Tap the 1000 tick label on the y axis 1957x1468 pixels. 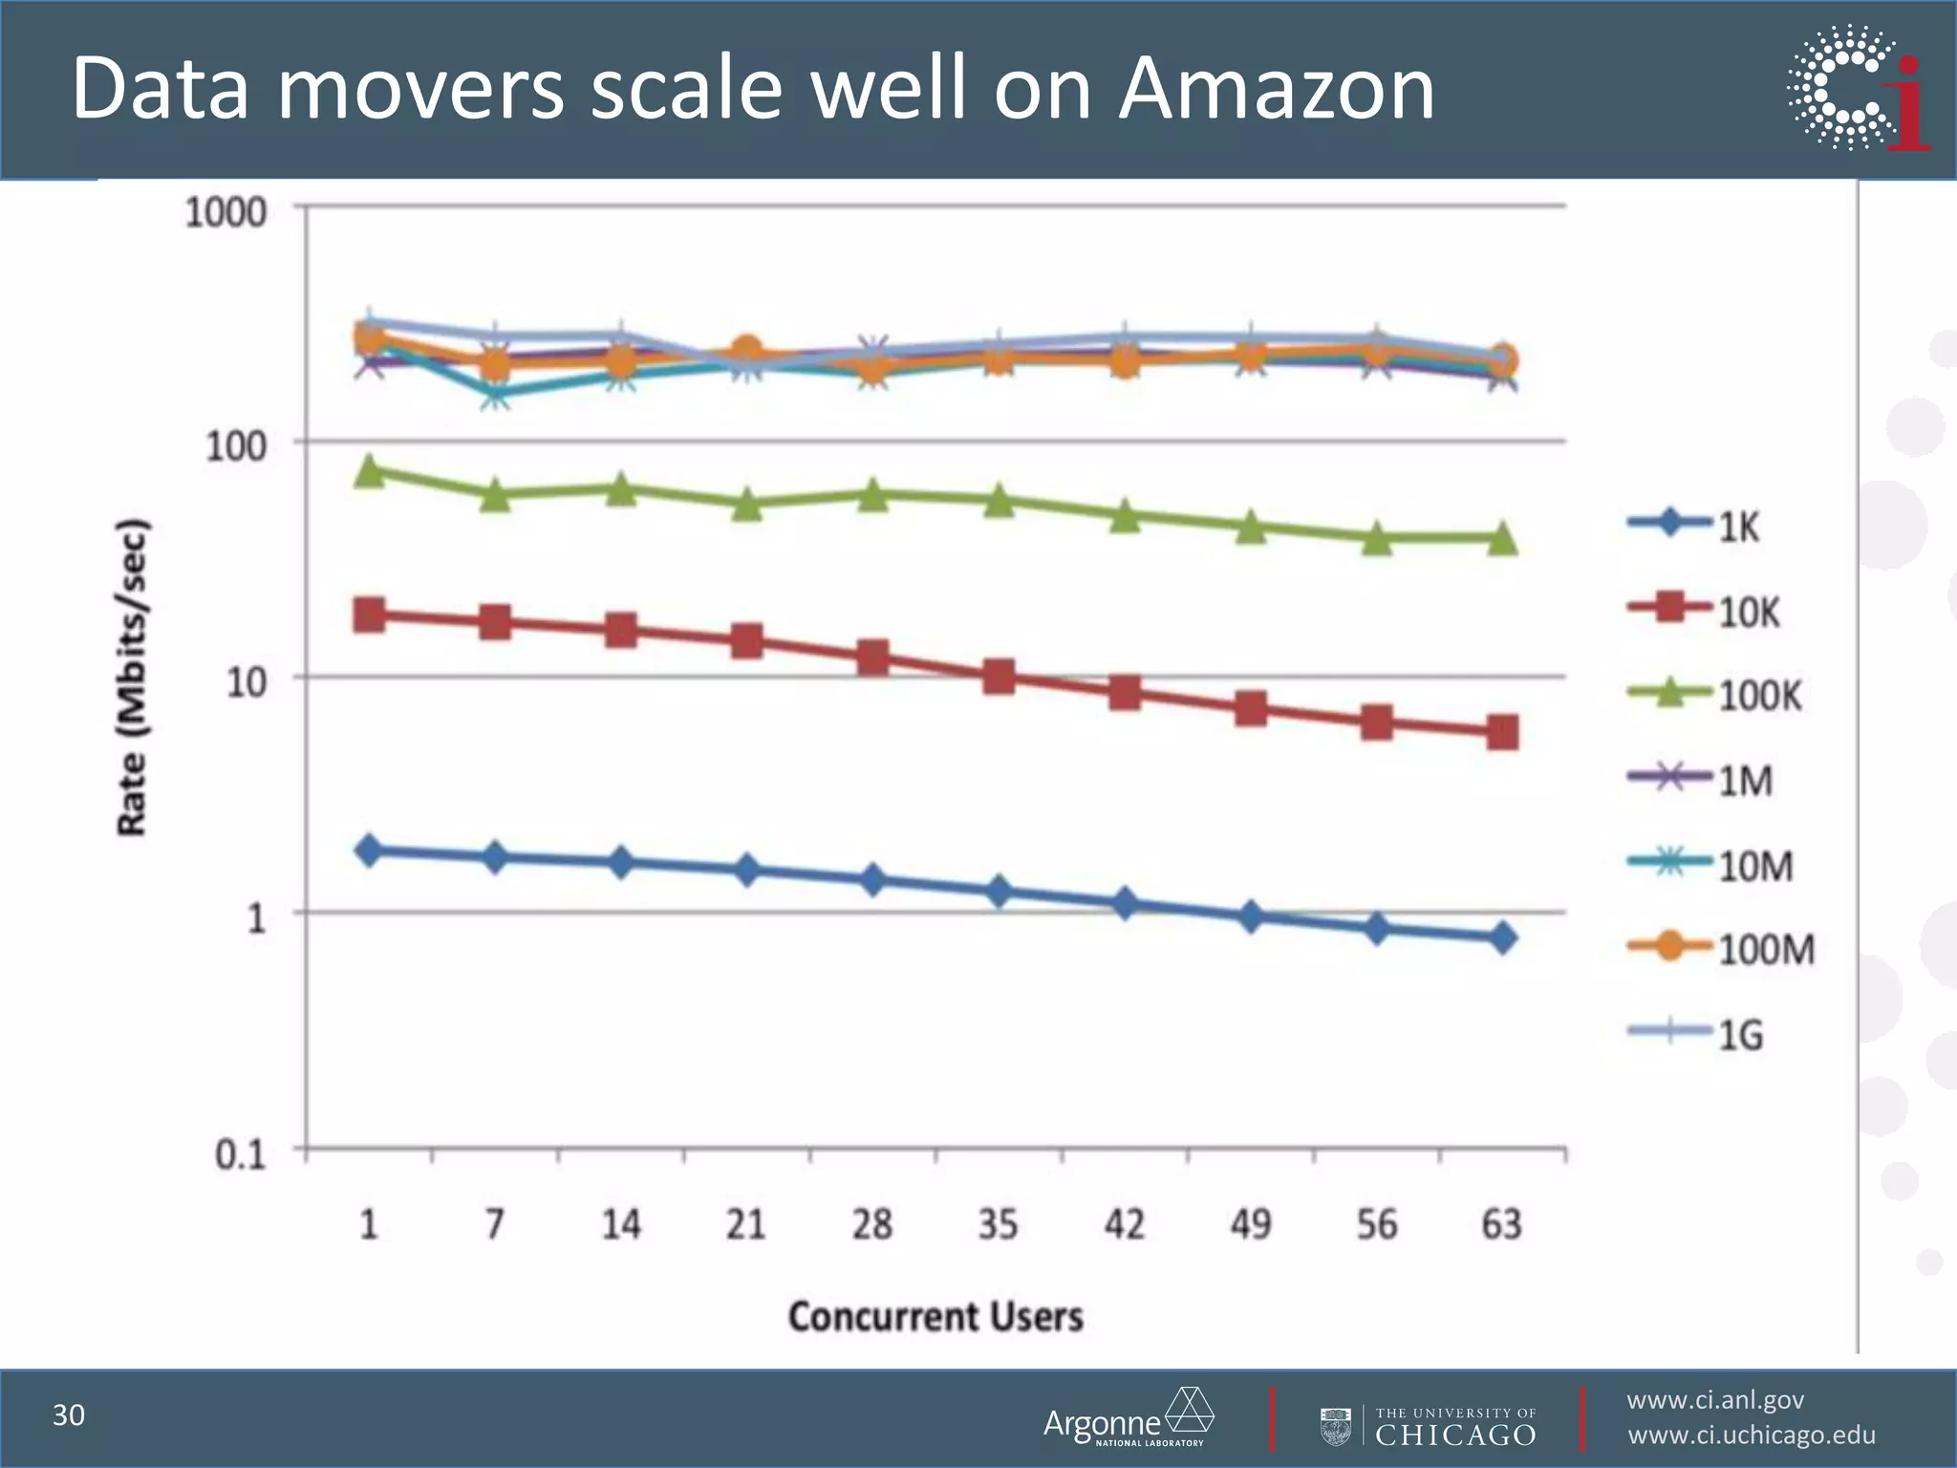pos(225,212)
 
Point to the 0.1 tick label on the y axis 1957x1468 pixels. pos(239,1155)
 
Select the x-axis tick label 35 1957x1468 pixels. pos(998,1224)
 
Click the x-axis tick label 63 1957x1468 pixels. pos(1501,1224)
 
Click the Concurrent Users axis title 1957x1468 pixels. pos(935,1317)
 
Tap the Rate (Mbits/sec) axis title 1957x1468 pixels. pos(133,677)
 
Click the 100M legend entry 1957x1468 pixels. pos(1720,949)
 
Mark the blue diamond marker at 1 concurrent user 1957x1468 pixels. pos(370,850)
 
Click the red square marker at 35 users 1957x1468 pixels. pos(999,678)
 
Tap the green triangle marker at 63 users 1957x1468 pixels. pos(1502,538)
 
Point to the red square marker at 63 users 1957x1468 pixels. pos(1502,733)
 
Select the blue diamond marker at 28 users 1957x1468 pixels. pos(872,880)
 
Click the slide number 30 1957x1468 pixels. pos(69,1415)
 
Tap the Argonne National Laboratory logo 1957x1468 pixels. pos(1128,1418)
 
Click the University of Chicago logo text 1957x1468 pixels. pos(1454,1427)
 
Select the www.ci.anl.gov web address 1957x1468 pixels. pos(1715,1400)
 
